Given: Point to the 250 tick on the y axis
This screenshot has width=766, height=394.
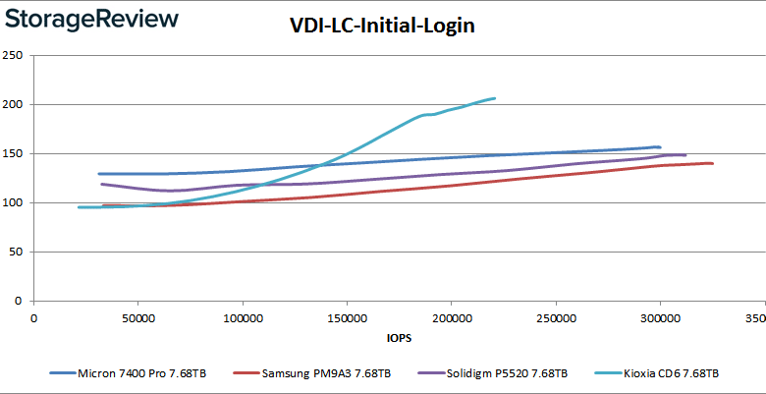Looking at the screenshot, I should pos(15,55).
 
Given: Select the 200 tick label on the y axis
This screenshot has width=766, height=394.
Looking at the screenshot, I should pos(15,104).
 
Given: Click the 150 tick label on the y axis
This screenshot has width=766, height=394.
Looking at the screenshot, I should pos(15,153).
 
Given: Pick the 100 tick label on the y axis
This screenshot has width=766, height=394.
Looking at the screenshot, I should pos(15,202).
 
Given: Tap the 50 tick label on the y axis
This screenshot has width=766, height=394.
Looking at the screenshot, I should pos(18,252).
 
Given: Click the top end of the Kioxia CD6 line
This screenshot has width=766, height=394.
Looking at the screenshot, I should pos(494,98).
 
